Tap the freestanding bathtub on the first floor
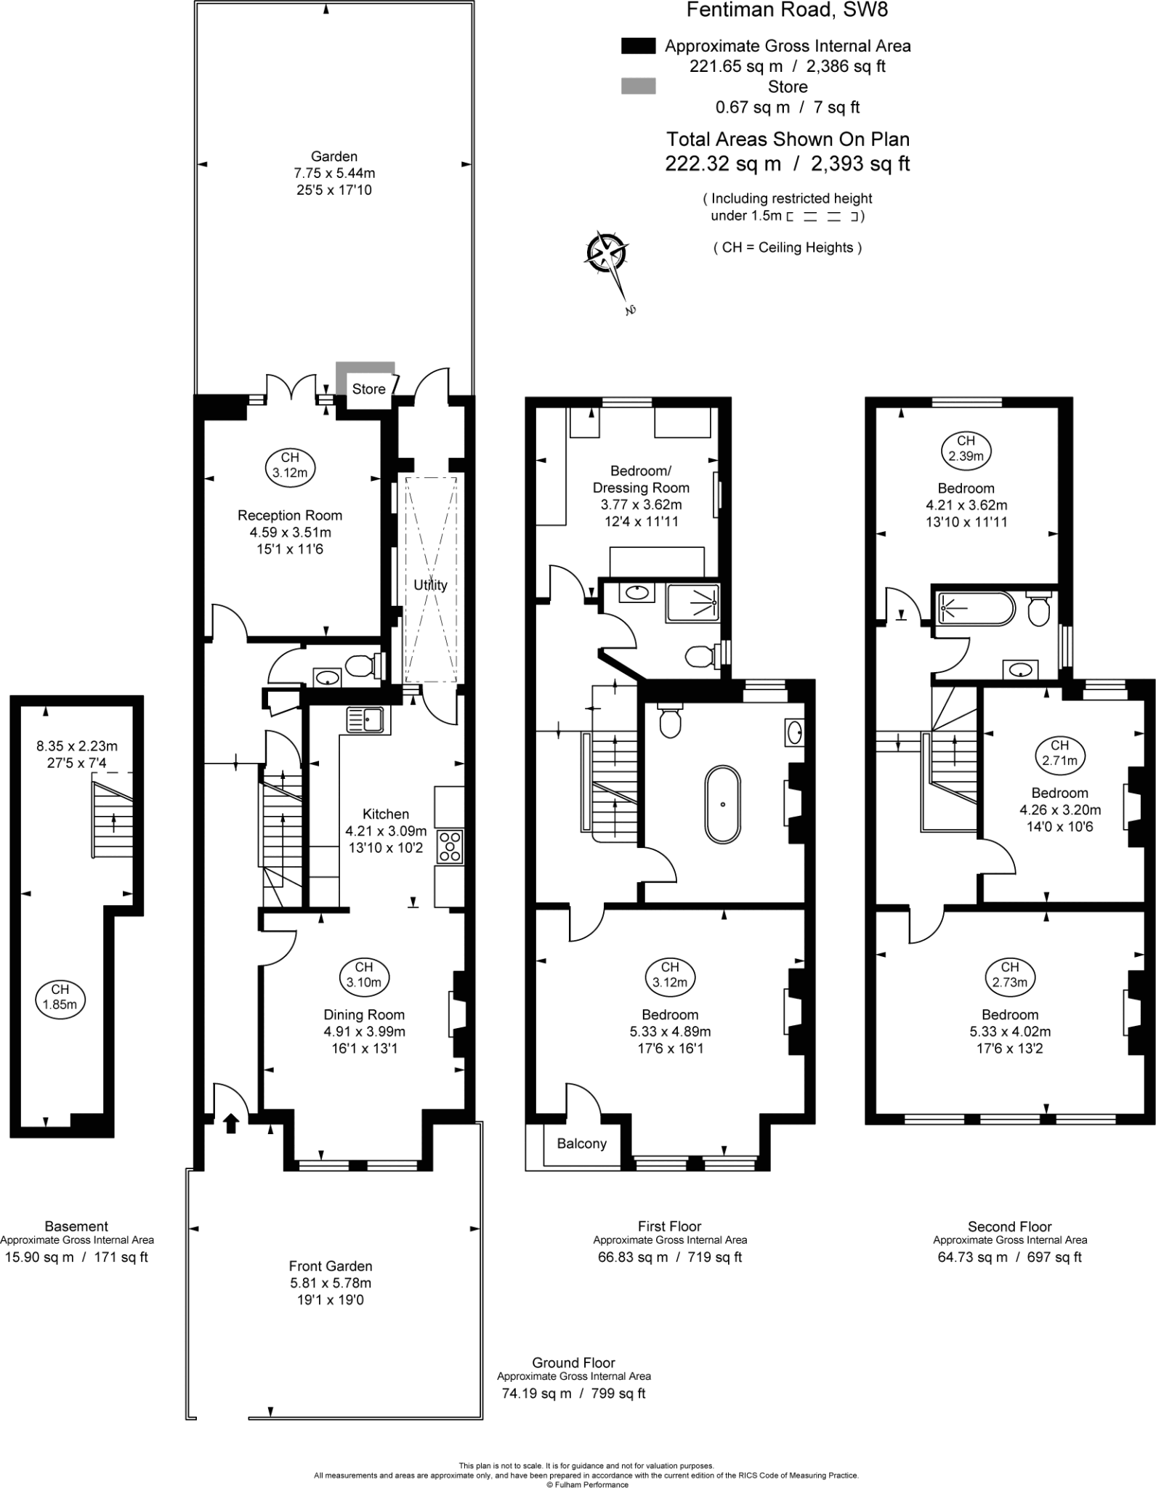tap(723, 803)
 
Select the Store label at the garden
tap(368, 389)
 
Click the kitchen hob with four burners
tap(450, 846)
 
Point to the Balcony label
tap(581, 1144)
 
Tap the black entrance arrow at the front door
tap(230, 1123)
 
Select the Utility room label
tap(430, 584)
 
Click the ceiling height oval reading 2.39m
tap(966, 448)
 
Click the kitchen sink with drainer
tap(368, 719)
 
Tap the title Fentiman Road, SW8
tap(787, 10)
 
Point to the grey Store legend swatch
tap(638, 86)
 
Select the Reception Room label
tap(289, 515)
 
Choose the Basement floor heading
tap(76, 1226)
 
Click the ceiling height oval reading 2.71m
tap(1059, 753)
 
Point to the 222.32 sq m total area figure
tap(723, 163)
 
